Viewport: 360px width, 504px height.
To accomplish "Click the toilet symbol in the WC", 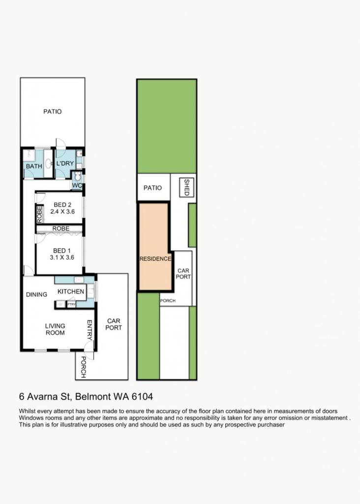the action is [77, 177].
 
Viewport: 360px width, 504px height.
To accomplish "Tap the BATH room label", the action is [34, 166].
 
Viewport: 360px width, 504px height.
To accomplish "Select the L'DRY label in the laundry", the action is [65, 163].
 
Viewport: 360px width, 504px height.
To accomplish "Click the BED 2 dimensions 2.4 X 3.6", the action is [62, 212].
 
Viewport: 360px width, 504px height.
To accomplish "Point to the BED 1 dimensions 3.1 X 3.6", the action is [62, 257].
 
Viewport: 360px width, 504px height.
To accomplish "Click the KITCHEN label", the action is [71, 291].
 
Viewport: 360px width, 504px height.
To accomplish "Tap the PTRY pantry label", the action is [71, 304].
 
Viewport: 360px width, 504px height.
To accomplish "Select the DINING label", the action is [36, 294].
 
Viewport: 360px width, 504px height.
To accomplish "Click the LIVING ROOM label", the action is [55, 329].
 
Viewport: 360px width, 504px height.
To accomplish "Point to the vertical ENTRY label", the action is [90, 330].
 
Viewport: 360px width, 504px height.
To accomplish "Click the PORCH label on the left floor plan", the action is [83, 367].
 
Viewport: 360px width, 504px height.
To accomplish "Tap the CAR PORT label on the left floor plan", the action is [114, 324].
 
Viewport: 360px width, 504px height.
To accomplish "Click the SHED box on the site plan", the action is [186, 188].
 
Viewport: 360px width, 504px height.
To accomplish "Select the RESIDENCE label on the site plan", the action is [155, 259].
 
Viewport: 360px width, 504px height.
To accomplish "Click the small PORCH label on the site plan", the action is [168, 301].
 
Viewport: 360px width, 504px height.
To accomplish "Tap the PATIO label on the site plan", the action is [152, 188].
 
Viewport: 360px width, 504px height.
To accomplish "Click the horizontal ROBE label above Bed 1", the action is [61, 228].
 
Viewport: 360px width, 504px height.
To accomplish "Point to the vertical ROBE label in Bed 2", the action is [39, 214].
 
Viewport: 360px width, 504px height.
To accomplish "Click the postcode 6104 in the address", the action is [142, 397].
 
